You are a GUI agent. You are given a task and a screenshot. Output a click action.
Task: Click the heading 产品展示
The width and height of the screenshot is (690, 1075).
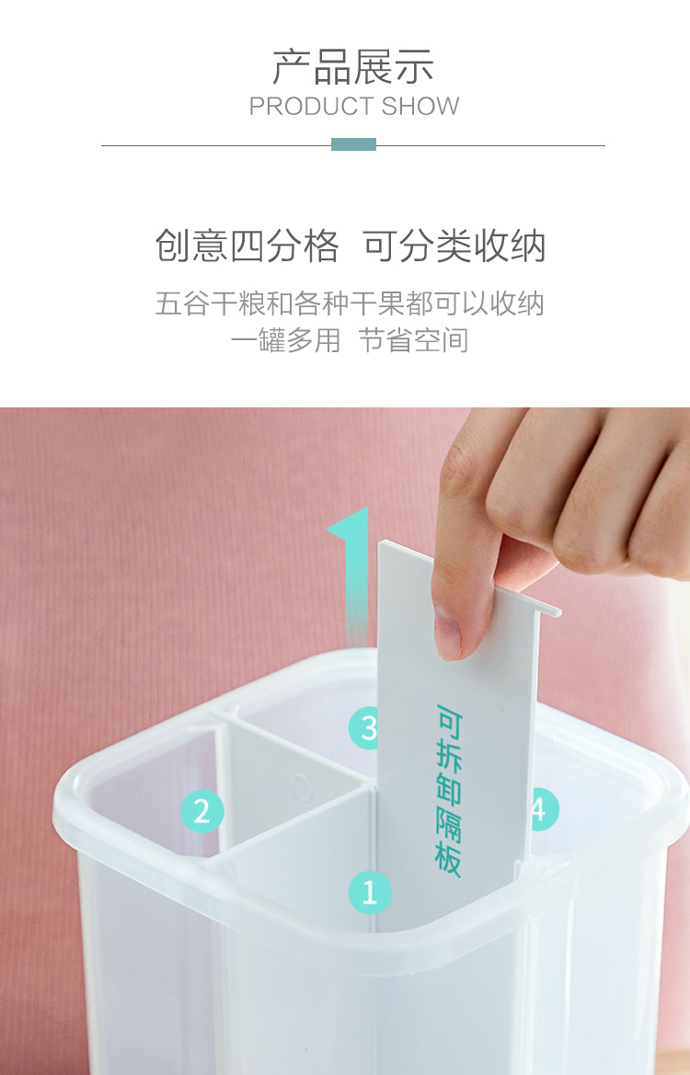(353, 67)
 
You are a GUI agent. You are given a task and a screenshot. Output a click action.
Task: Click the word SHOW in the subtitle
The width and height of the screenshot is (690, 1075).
(420, 107)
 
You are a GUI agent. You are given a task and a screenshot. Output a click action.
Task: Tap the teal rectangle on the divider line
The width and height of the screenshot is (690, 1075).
(354, 144)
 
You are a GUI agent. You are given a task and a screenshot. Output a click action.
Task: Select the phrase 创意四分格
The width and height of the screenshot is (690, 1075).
(247, 246)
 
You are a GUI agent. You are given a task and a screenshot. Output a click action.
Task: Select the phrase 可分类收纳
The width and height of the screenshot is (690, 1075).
(454, 246)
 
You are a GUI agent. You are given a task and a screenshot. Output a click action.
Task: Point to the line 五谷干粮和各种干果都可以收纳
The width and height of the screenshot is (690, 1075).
(350, 303)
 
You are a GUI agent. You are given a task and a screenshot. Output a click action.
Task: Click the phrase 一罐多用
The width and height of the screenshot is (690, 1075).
(285, 340)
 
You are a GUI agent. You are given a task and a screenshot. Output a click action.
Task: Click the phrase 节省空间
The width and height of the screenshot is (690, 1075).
(414, 340)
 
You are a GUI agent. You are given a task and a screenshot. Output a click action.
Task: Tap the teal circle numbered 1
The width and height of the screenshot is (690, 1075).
(370, 893)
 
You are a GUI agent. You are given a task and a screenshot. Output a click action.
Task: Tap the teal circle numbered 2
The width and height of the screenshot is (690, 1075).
(202, 812)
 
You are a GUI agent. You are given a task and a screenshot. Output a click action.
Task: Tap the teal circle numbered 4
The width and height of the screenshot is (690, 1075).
(543, 809)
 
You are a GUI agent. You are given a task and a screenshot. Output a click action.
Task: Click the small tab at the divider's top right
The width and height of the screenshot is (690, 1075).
(548, 608)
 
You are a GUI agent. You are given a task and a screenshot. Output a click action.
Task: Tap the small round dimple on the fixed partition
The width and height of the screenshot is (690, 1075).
(300, 787)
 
